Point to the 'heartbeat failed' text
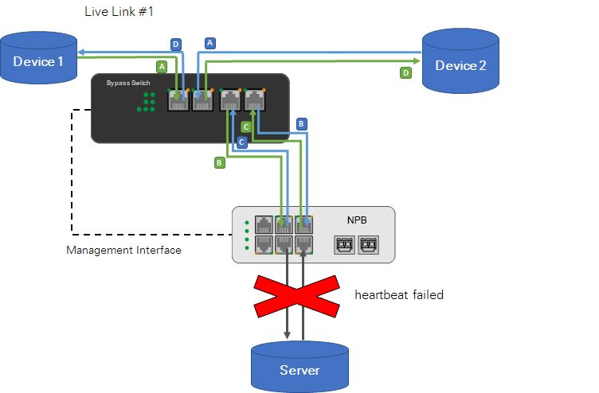point(398,294)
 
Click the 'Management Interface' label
point(123,251)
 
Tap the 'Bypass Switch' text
point(127,83)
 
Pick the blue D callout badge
point(176,44)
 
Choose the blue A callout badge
point(209,43)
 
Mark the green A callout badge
point(162,67)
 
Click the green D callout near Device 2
point(405,72)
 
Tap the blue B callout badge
point(301,124)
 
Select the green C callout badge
point(246,126)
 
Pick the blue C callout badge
point(241,142)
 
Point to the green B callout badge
point(220,162)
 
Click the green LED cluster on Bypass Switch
point(147,101)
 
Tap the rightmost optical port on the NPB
point(369,243)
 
